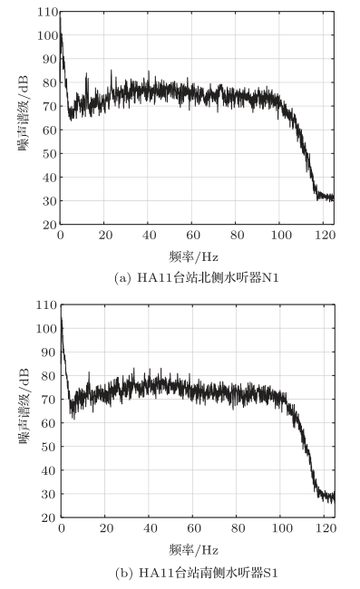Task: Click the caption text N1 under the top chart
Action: (x=268, y=276)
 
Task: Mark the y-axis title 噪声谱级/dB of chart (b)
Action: (x=24, y=412)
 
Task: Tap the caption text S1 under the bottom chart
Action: (x=269, y=572)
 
